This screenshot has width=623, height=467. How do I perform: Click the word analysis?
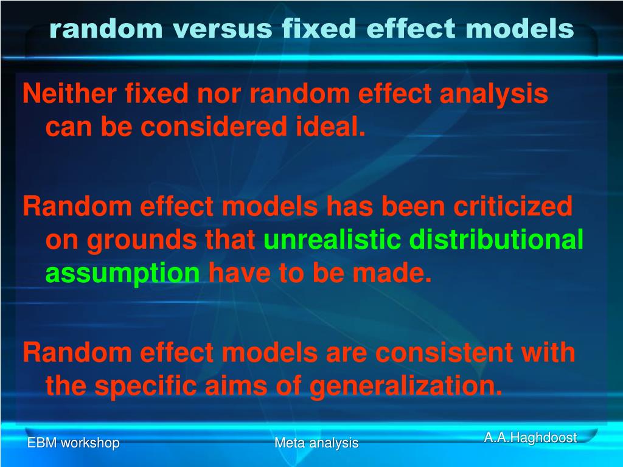coord(493,94)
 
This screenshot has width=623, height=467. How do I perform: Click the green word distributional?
coord(496,241)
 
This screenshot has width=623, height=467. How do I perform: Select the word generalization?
coord(406,387)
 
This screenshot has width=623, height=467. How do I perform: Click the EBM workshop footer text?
coord(73,443)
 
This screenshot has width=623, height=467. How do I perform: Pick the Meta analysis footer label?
coord(316,443)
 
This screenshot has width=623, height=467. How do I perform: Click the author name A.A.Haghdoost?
coord(530,438)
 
